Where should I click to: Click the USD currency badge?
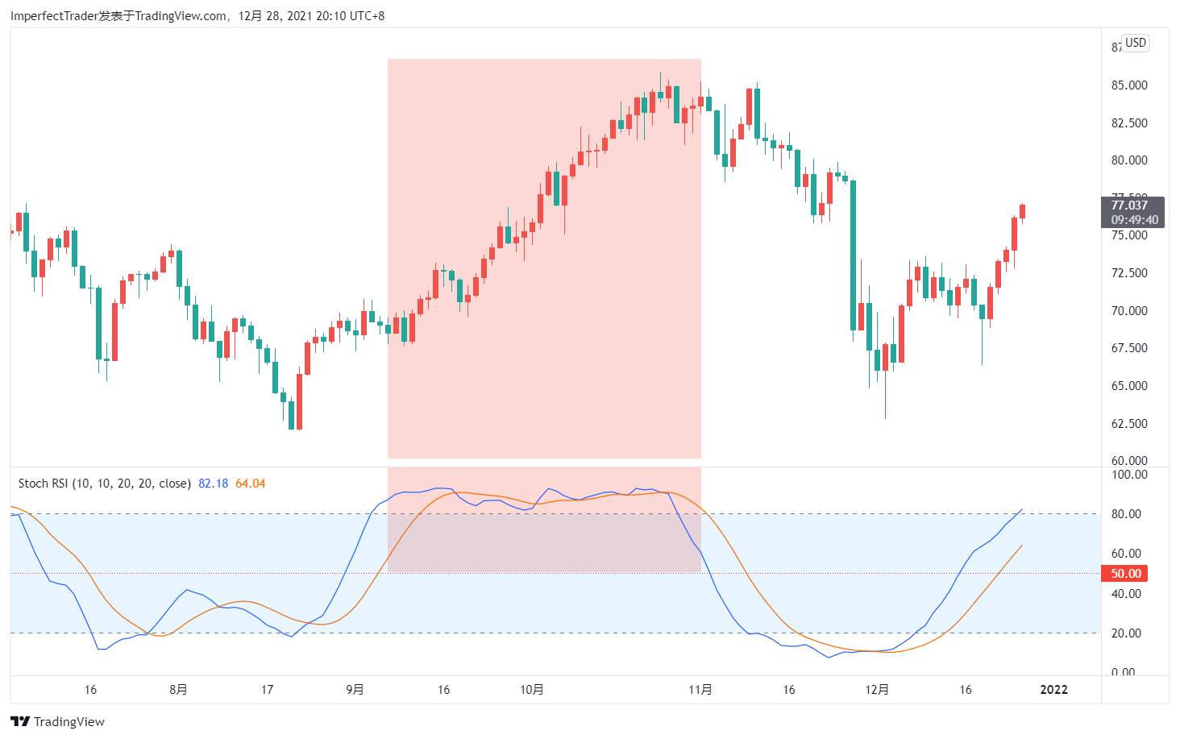click(1136, 43)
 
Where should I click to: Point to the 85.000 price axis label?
click(1129, 85)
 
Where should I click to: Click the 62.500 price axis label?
click(1129, 424)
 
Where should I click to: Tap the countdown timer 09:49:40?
click(1134, 220)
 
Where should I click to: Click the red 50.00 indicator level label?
click(1126, 574)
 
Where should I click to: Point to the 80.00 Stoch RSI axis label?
click(1126, 514)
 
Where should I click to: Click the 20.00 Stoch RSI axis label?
click(1126, 633)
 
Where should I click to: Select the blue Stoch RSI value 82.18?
click(213, 484)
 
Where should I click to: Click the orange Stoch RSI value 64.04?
click(250, 484)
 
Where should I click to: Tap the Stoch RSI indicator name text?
click(105, 484)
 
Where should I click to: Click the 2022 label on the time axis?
click(1053, 690)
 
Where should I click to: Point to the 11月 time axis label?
click(700, 690)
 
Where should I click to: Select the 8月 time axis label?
click(178, 690)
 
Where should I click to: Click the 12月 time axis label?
click(877, 690)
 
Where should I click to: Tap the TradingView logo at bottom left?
click(58, 721)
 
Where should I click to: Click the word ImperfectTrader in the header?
click(54, 15)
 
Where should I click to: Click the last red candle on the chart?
click(1022, 211)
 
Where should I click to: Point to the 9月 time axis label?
click(355, 690)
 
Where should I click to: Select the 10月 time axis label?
click(531, 690)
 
